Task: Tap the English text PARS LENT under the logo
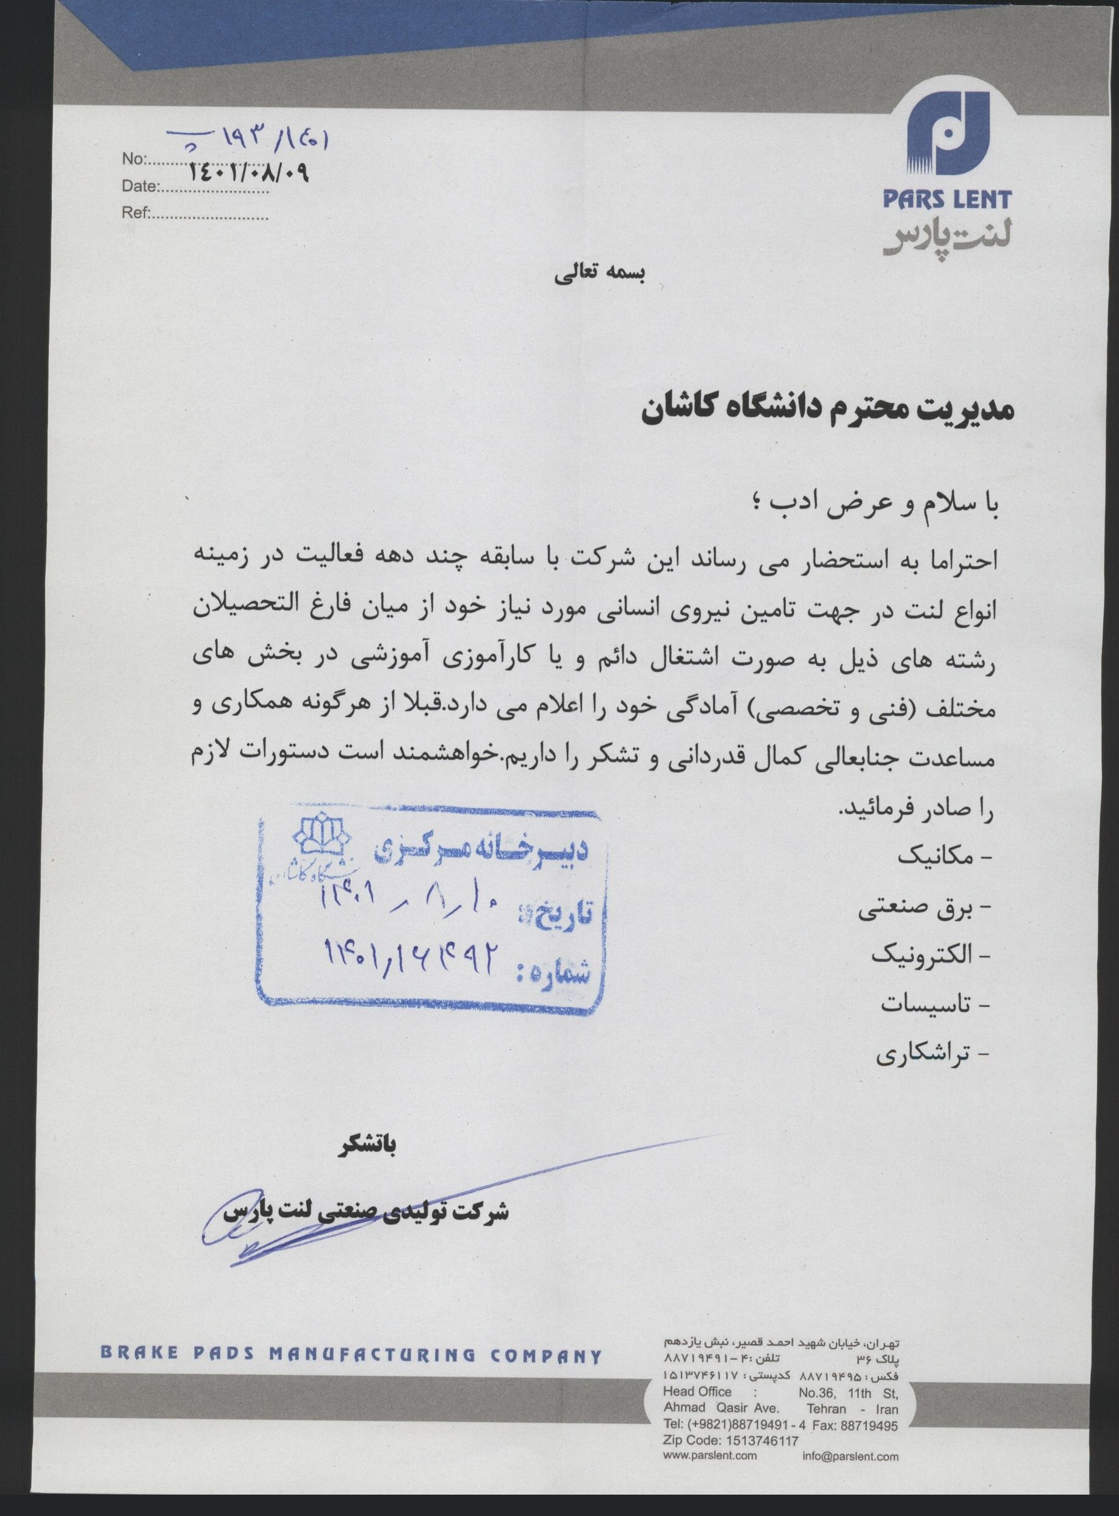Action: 946,199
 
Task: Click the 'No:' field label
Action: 133,159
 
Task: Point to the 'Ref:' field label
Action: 135,214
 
